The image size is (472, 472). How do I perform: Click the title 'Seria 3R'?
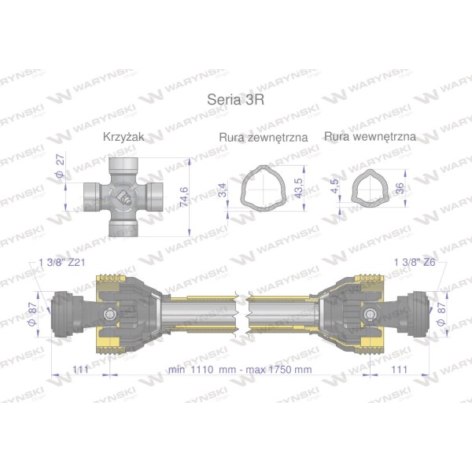(236, 99)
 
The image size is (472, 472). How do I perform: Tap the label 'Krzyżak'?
(124, 137)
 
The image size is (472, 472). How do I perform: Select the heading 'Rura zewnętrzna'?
(264, 138)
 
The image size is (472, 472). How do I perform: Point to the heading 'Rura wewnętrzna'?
(370, 137)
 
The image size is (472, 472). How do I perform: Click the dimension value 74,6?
(184, 197)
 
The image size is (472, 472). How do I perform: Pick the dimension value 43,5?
(299, 188)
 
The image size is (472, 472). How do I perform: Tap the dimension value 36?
(400, 189)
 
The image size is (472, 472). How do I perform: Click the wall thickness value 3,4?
(222, 190)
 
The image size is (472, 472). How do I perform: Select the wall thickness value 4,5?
(334, 186)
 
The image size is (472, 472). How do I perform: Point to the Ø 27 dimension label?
(61, 165)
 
